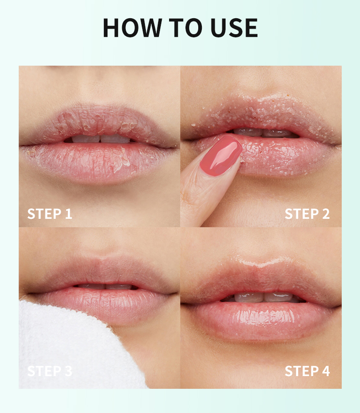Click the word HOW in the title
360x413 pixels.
point(132,28)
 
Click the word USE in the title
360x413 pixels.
point(234,28)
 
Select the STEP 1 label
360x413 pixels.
point(50,214)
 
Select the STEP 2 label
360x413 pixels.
point(307,214)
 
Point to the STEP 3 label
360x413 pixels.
point(50,371)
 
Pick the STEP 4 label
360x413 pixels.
point(307,371)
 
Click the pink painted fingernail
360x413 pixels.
point(221,155)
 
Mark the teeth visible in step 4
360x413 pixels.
point(263,297)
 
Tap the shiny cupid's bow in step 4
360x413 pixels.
point(262,262)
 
